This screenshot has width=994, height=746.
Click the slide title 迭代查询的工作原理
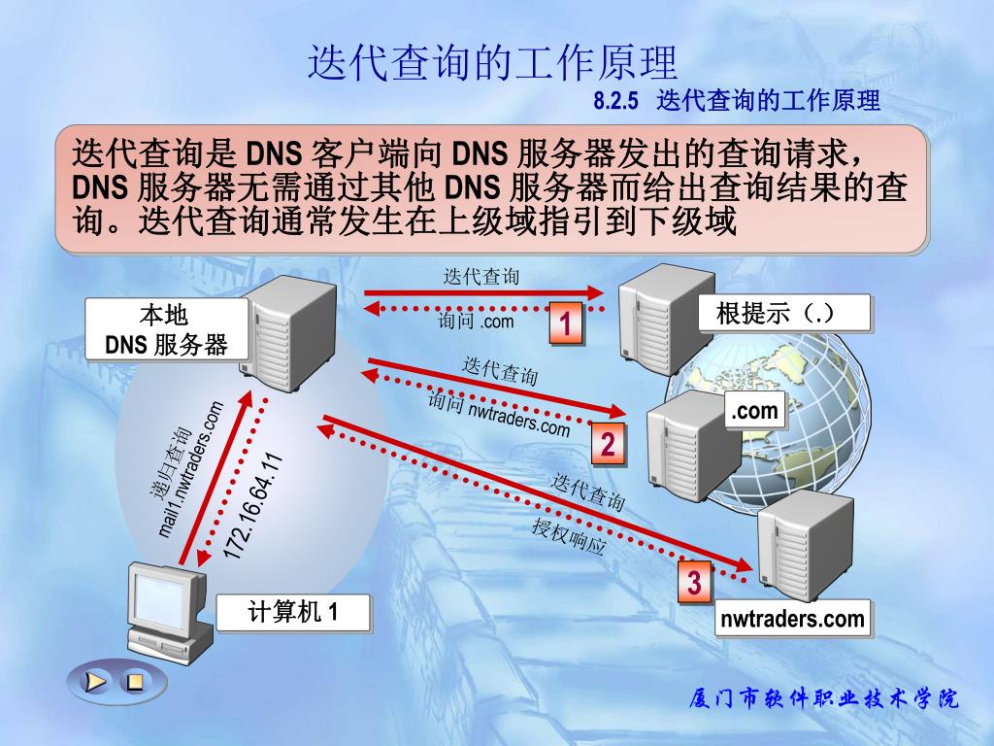point(492,63)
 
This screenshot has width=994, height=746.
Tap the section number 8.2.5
point(618,100)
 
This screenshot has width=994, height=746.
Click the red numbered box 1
point(566,323)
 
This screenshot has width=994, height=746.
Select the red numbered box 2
point(608,446)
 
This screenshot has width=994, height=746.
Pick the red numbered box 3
point(695,584)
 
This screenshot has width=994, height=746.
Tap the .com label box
point(755,411)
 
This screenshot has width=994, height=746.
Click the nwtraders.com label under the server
point(792,619)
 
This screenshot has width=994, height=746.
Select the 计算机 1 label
point(293,613)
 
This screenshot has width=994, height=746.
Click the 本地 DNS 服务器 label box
point(166,330)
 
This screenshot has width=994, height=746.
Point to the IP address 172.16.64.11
point(252,505)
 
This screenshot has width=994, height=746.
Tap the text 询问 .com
point(475,322)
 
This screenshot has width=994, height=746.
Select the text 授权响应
point(569,536)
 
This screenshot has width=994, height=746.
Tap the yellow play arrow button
point(95,681)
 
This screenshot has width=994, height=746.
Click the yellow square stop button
point(136,681)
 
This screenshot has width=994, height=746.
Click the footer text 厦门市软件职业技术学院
point(823,698)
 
